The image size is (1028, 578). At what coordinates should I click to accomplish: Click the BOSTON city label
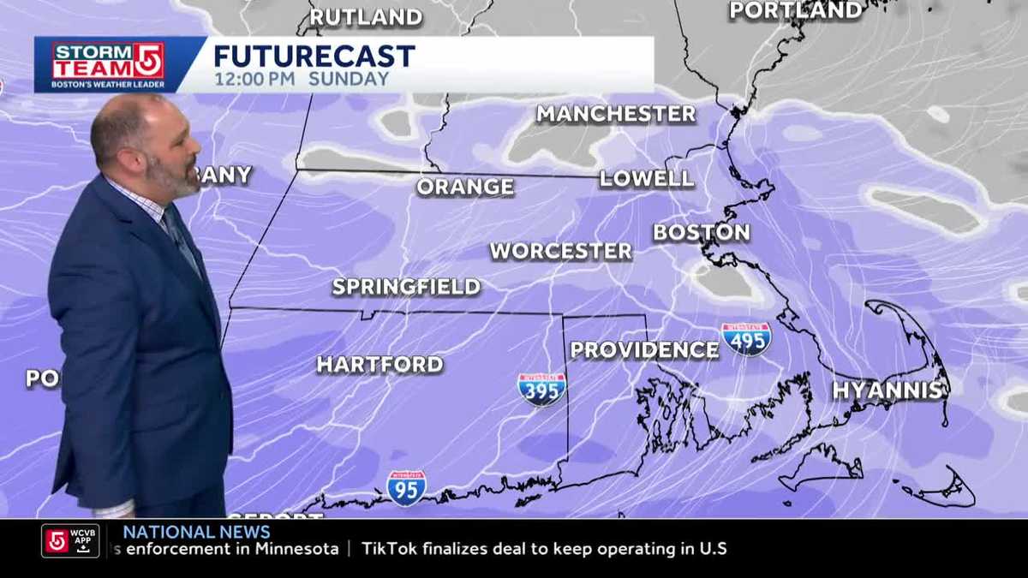[x=702, y=233]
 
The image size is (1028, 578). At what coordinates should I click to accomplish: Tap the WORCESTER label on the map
[x=561, y=252]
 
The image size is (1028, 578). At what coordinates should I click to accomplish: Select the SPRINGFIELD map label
[x=406, y=287]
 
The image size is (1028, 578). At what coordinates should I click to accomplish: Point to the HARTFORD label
[x=380, y=365]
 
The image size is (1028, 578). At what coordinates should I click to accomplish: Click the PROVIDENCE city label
[x=644, y=350]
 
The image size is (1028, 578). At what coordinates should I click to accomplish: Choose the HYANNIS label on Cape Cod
[x=888, y=390]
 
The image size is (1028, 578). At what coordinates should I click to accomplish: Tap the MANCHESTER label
[x=616, y=114]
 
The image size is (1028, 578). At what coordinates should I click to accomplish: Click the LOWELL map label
[x=646, y=179]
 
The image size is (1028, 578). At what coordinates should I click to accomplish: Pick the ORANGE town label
[x=465, y=187]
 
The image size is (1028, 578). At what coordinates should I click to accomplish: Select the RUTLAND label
[x=366, y=17]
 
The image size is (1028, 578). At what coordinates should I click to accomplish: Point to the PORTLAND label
[x=796, y=11]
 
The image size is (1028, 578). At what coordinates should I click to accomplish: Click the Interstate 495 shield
[x=746, y=339]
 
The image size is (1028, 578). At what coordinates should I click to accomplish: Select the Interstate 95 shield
[x=406, y=488]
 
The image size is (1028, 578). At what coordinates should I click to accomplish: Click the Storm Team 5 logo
[x=108, y=64]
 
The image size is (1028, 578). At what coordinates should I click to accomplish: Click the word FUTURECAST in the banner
[x=314, y=57]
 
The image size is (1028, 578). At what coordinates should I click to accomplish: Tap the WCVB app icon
[x=70, y=541]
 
